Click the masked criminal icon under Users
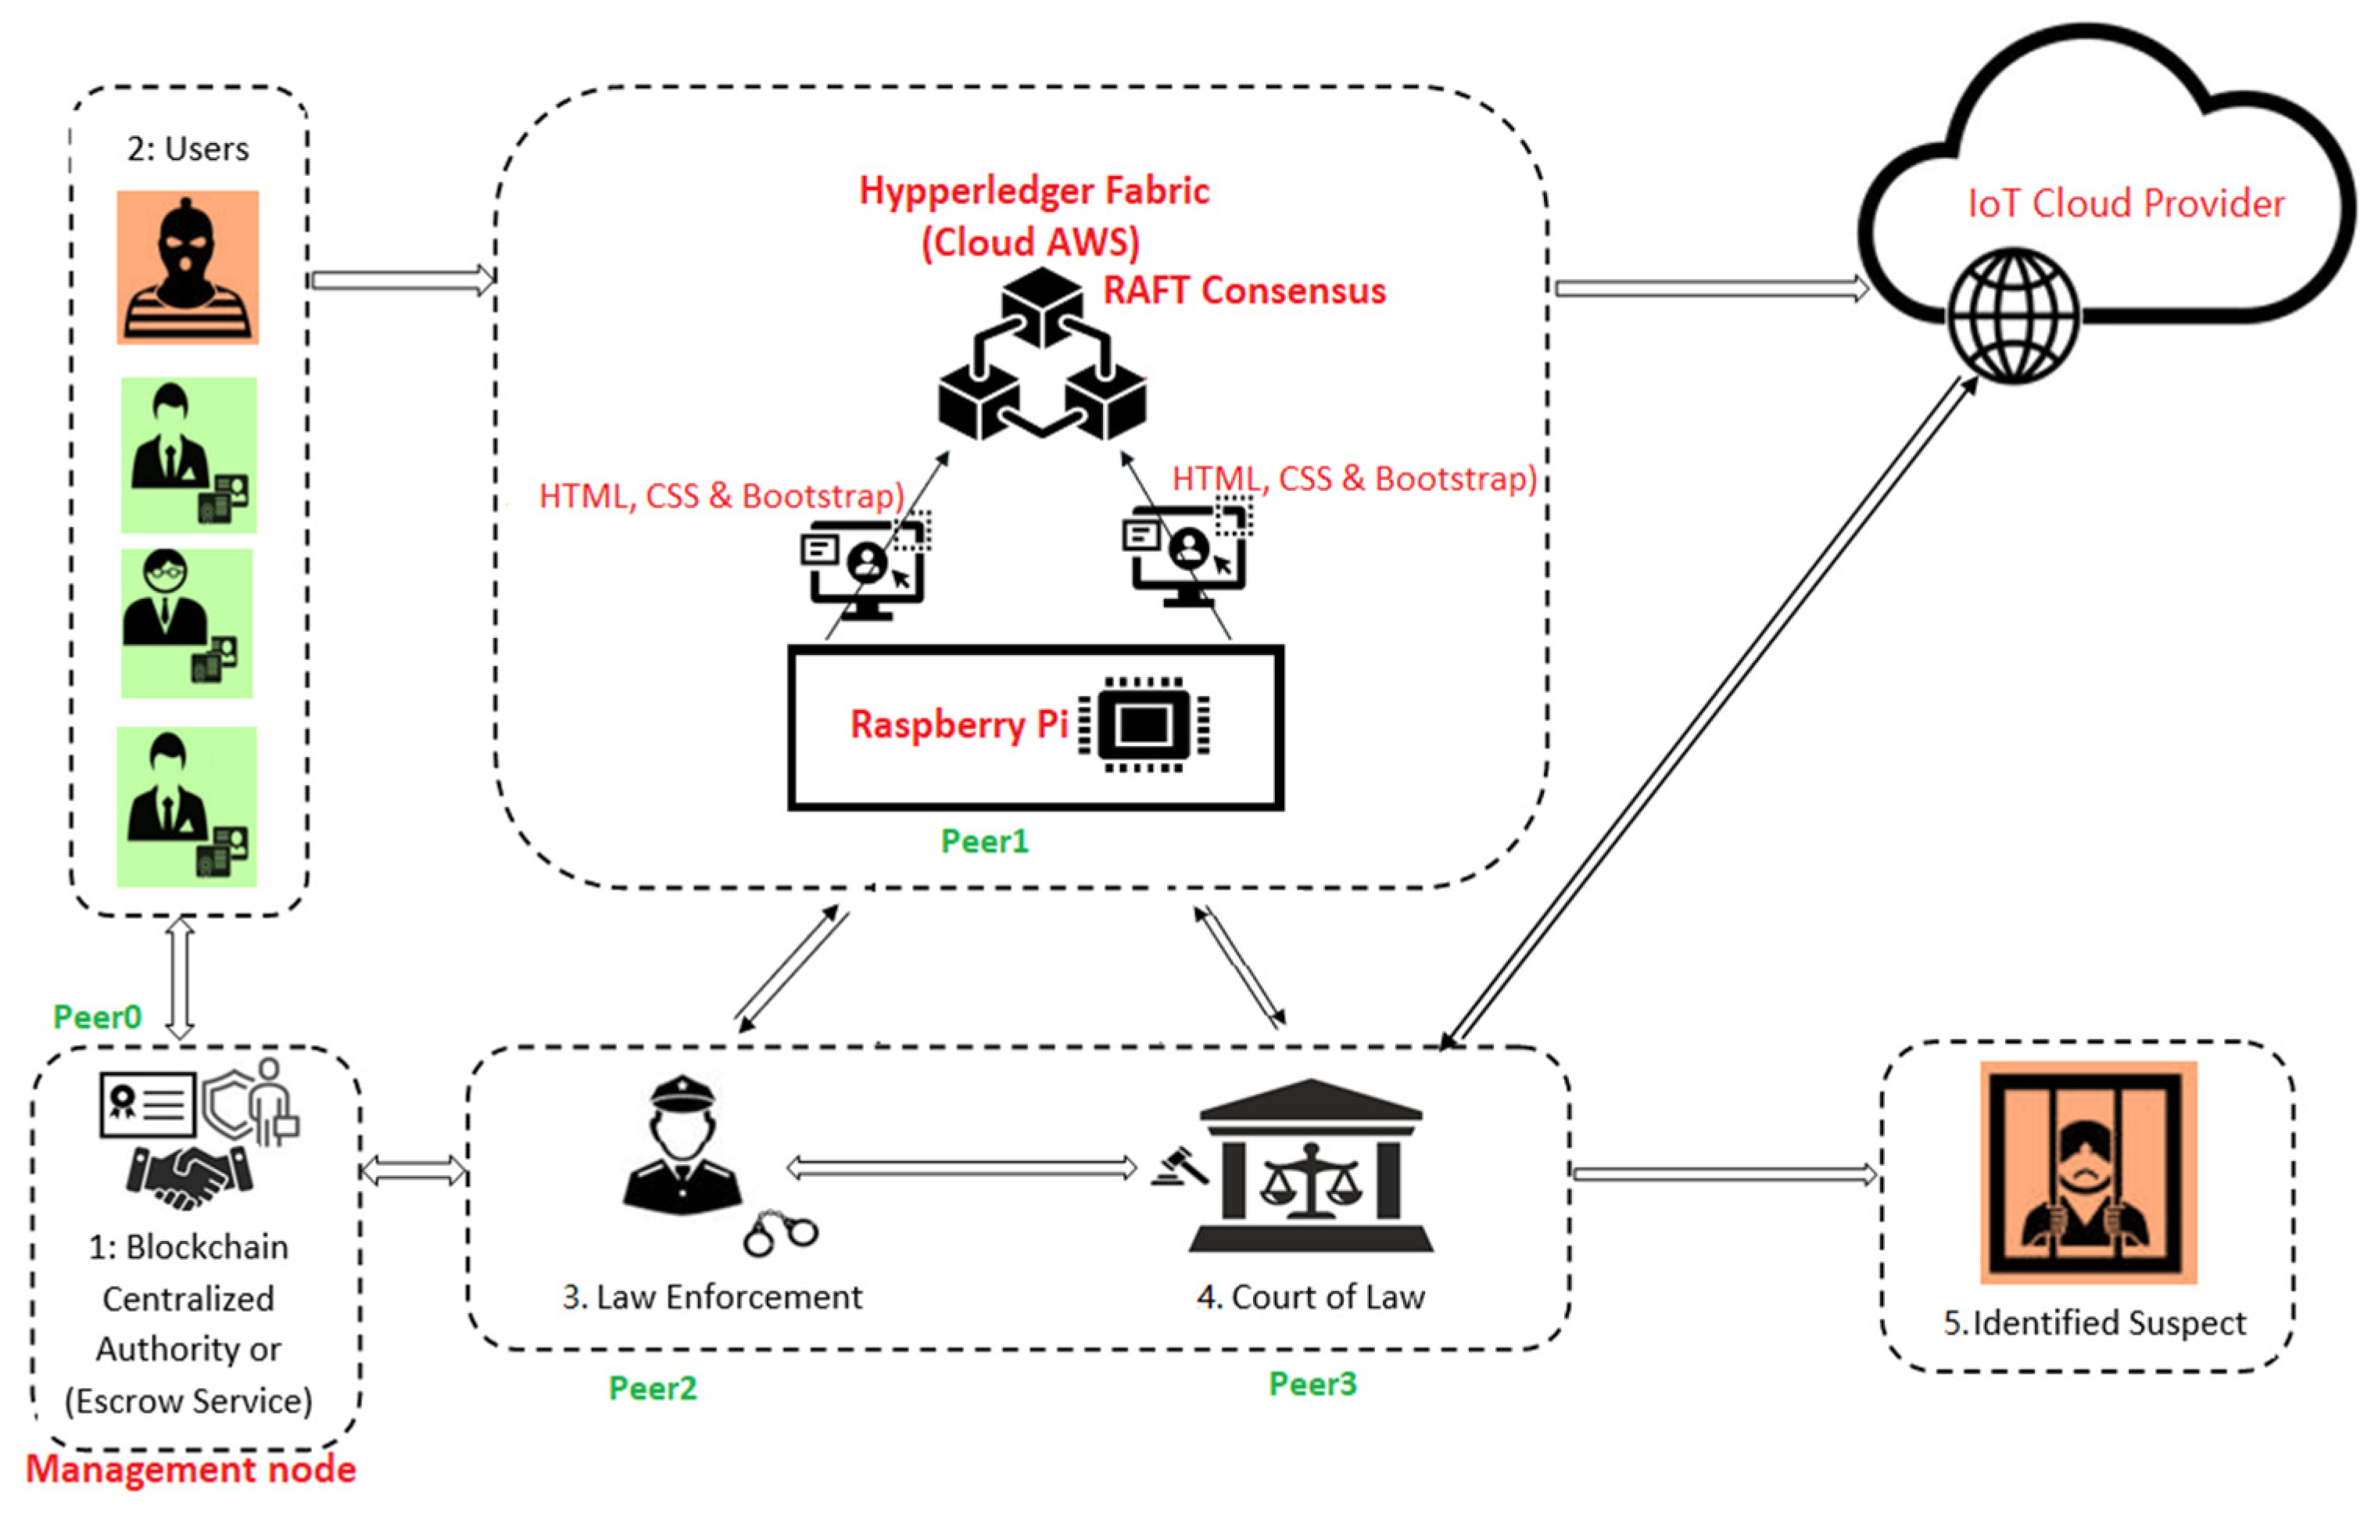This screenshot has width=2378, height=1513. (188, 267)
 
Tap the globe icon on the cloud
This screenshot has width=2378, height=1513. (2013, 314)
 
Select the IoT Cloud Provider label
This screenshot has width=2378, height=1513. (2126, 203)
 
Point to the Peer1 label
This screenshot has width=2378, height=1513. (984, 841)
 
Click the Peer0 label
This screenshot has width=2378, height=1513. (97, 1017)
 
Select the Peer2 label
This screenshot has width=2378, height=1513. (653, 1389)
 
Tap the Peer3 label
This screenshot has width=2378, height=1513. (1313, 1385)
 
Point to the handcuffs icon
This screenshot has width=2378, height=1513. (780, 1234)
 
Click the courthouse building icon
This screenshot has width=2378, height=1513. (1312, 1165)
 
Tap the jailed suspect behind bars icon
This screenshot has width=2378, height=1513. (2088, 1172)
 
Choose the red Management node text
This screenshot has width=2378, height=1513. (191, 1469)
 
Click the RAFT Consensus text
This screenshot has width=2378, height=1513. (1245, 290)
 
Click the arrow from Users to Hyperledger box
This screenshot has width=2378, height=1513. (402, 281)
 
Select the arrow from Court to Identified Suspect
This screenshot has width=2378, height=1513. (1723, 1174)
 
